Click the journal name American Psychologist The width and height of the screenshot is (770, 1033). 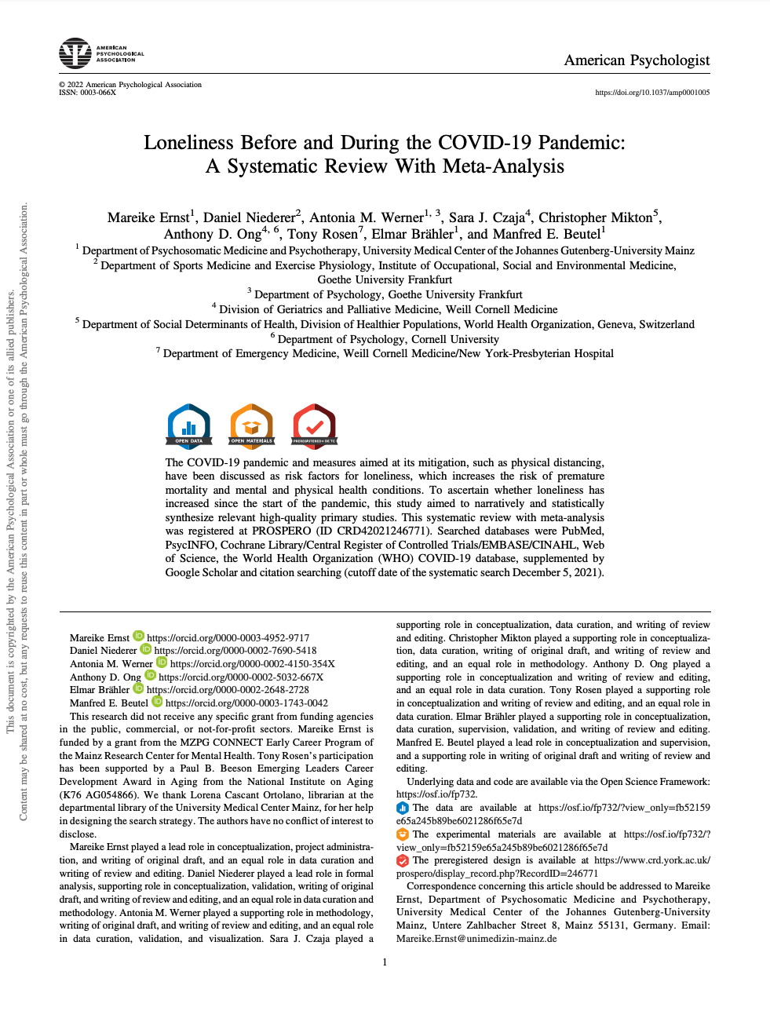(x=637, y=60)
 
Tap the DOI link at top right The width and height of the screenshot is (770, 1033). (x=652, y=93)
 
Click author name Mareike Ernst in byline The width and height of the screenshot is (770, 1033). (x=148, y=218)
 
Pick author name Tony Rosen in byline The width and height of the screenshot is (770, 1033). (x=322, y=234)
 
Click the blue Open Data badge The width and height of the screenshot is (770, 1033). (x=189, y=425)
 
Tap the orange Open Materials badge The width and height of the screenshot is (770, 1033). (x=251, y=425)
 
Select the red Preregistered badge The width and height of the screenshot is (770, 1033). (x=314, y=425)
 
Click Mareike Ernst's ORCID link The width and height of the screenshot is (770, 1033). (x=228, y=638)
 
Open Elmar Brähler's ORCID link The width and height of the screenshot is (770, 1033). (x=228, y=690)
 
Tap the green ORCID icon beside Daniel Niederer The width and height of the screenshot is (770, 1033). (x=145, y=650)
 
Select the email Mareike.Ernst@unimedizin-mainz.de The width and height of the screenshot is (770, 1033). (x=476, y=938)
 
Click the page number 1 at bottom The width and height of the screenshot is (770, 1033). (x=385, y=962)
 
